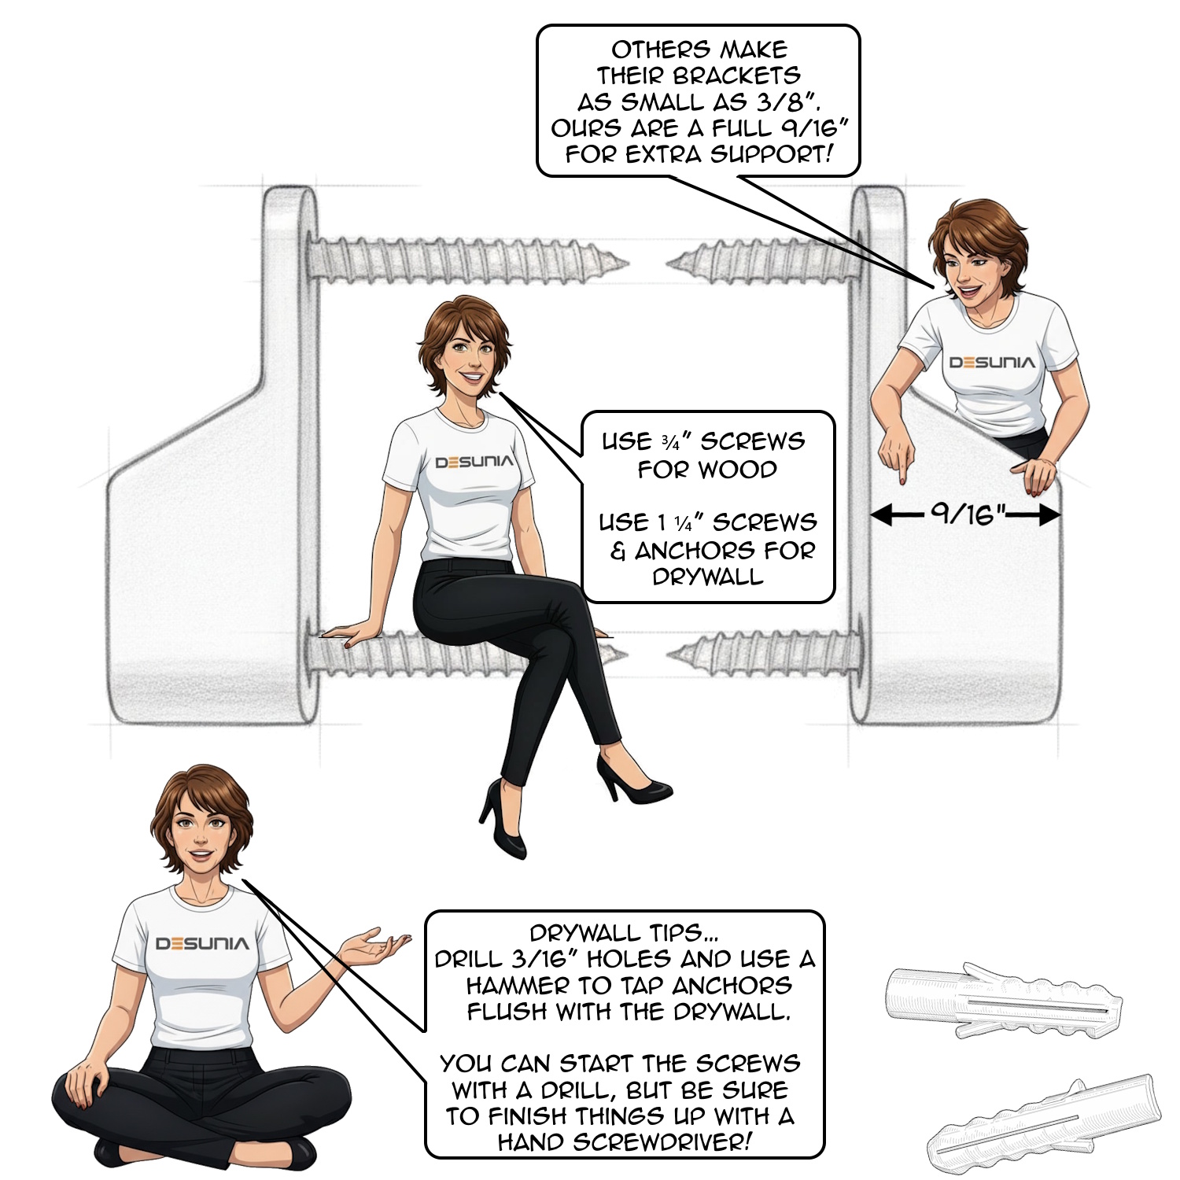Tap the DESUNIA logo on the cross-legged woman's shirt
tap(202, 943)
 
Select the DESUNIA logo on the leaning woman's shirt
tap(992, 363)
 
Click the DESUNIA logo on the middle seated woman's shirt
tap(474, 462)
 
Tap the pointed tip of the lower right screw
tap(670, 653)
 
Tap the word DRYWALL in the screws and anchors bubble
tap(708, 577)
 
